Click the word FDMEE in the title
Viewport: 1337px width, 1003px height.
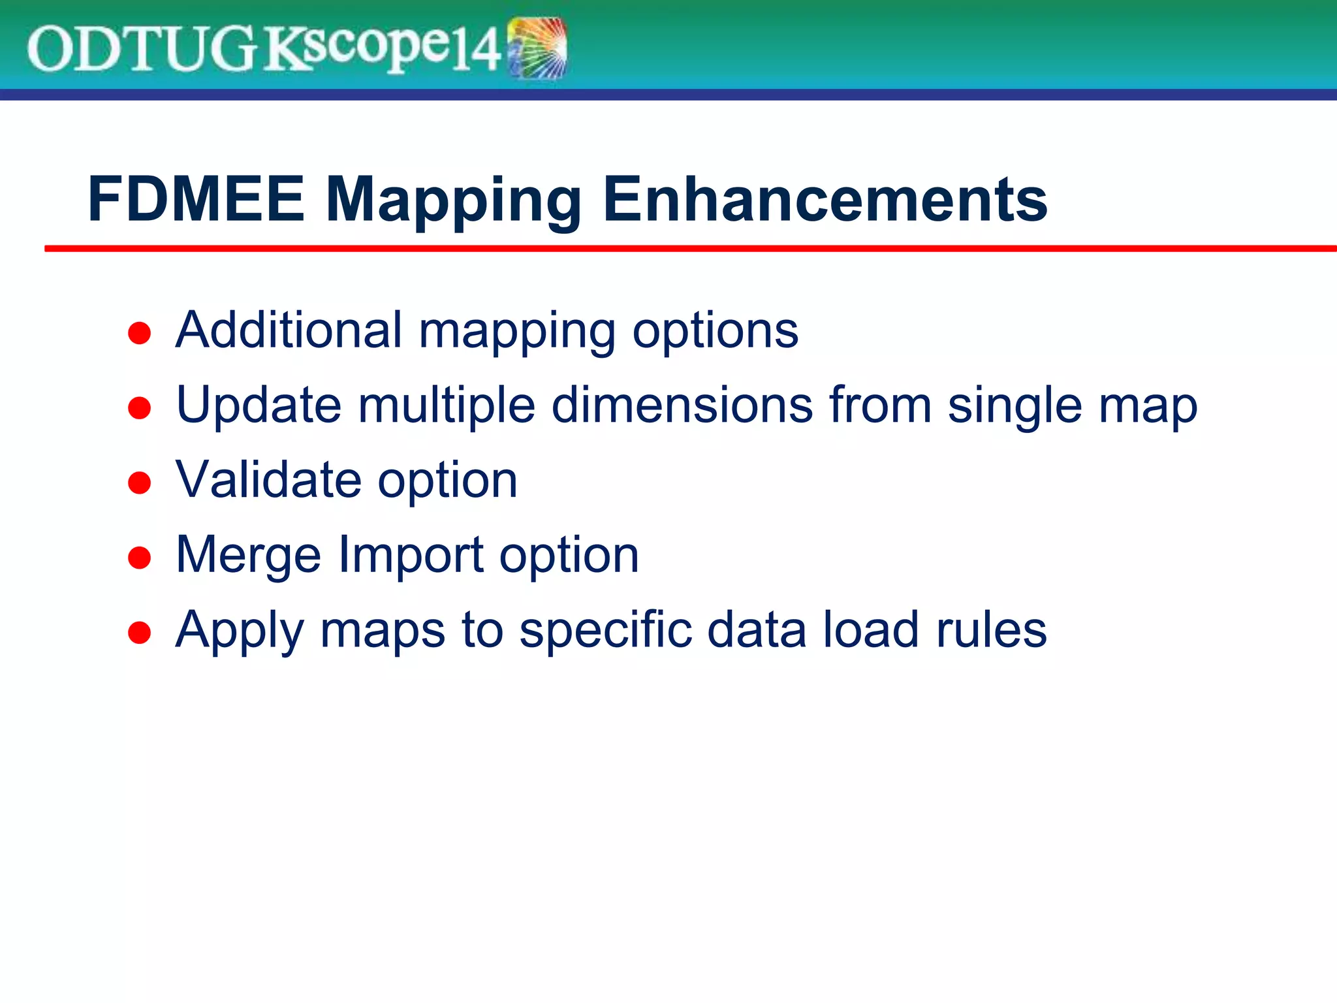coord(196,199)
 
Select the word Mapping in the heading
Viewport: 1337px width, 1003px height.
coord(452,201)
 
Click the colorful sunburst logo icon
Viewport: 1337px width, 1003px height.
coord(537,49)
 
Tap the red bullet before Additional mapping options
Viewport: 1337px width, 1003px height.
coord(140,333)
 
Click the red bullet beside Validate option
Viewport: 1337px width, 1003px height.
coord(140,483)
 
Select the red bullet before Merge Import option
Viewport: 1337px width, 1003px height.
coord(140,558)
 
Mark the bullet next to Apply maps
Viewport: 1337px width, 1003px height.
coord(140,633)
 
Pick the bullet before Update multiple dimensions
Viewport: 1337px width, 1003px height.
coord(140,408)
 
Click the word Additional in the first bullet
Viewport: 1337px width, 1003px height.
coord(289,330)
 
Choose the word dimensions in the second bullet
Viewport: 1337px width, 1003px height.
coord(683,405)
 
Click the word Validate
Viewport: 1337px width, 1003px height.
coord(268,480)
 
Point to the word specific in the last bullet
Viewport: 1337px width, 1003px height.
coord(605,630)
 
